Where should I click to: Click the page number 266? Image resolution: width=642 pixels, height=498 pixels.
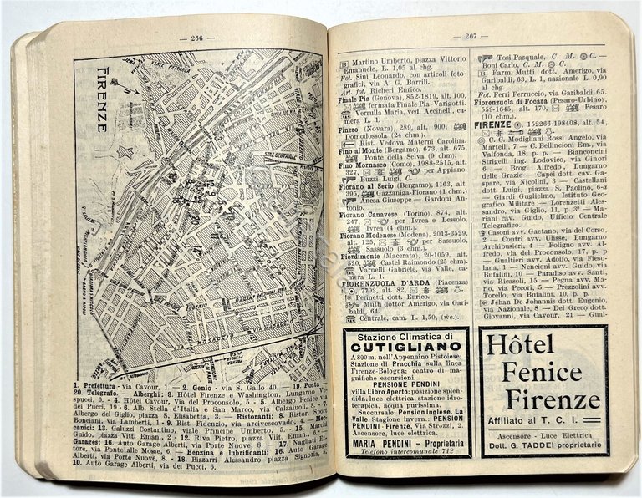[x=196, y=37]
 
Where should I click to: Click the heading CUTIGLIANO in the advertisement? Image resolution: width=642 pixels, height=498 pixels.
[x=406, y=346]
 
